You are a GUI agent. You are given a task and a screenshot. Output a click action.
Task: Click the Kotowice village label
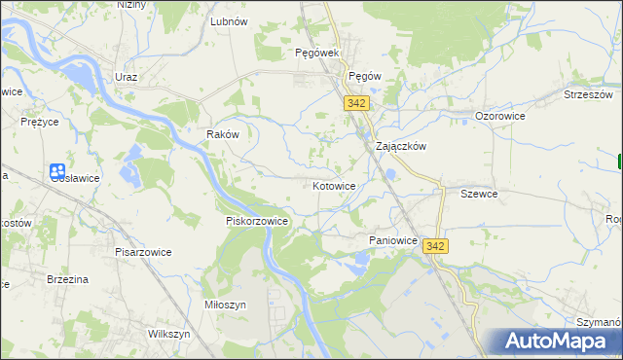click(x=334, y=185)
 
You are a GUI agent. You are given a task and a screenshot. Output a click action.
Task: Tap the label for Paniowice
click(x=393, y=239)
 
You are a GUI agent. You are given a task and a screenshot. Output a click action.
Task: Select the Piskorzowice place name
click(x=257, y=221)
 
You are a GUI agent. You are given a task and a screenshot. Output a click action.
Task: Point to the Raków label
click(x=223, y=134)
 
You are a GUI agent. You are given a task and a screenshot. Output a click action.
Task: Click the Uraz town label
click(x=126, y=77)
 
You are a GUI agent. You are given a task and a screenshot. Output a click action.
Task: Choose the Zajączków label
click(x=402, y=146)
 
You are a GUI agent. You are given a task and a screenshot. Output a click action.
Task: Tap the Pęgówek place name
click(x=316, y=53)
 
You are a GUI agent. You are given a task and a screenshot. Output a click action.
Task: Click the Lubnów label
click(x=230, y=19)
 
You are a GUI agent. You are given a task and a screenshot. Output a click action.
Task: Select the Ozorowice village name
click(x=500, y=116)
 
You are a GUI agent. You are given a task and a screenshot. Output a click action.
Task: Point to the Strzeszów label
click(x=588, y=94)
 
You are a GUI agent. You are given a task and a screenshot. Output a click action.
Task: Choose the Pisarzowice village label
click(x=142, y=252)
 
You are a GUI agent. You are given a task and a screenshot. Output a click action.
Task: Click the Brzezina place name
click(x=68, y=279)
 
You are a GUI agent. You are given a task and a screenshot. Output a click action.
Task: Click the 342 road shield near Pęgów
click(x=355, y=102)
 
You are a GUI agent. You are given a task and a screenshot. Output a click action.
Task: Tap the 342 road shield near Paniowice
click(x=435, y=247)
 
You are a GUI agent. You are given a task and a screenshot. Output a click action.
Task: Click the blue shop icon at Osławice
click(x=57, y=170)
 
